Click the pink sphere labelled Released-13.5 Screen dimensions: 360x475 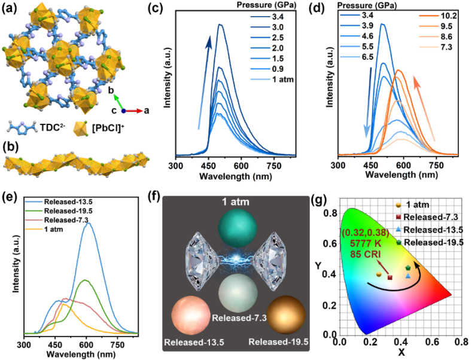coord(191,318)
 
